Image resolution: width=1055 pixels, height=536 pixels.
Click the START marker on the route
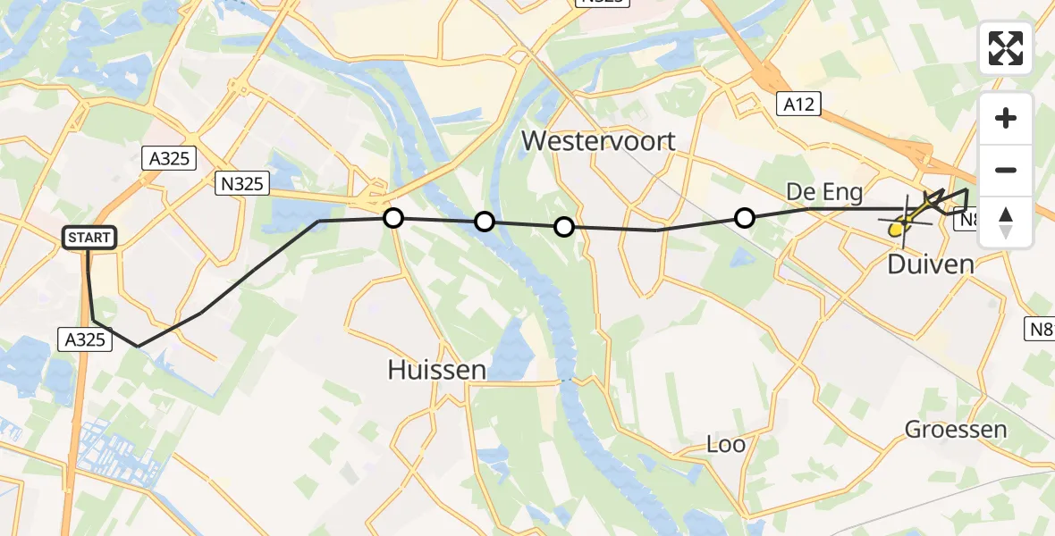[x=89, y=238]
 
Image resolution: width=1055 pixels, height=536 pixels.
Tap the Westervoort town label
[x=598, y=140]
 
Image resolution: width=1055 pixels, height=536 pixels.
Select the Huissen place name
[x=436, y=369]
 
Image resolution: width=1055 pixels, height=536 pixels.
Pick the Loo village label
[x=725, y=444]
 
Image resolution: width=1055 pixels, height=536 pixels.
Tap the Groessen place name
[x=956, y=429]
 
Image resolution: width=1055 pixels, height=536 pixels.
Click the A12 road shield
[x=797, y=105]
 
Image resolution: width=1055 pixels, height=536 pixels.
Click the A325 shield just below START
[x=85, y=339]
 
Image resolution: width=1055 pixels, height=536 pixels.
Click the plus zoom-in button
[x=1006, y=118]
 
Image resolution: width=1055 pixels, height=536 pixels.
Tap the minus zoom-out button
[x=1006, y=170]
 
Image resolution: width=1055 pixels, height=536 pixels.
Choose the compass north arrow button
[x=1006, y=222]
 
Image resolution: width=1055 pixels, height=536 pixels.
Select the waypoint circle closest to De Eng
[x=745, y=217]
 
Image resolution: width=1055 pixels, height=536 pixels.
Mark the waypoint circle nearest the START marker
[x=393, y=217]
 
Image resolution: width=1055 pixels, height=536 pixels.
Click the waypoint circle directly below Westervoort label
[x=564, y=227]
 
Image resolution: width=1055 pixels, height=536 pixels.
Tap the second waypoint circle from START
[x=484, y=222]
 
